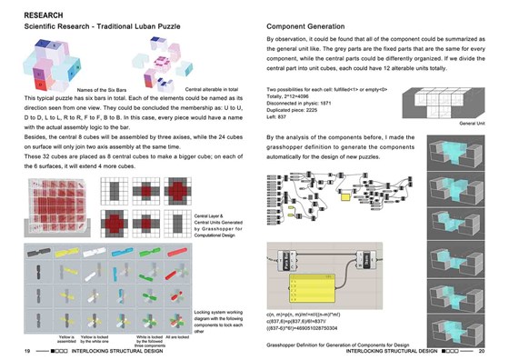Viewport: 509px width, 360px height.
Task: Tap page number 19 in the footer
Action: click(x=28, y=349)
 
